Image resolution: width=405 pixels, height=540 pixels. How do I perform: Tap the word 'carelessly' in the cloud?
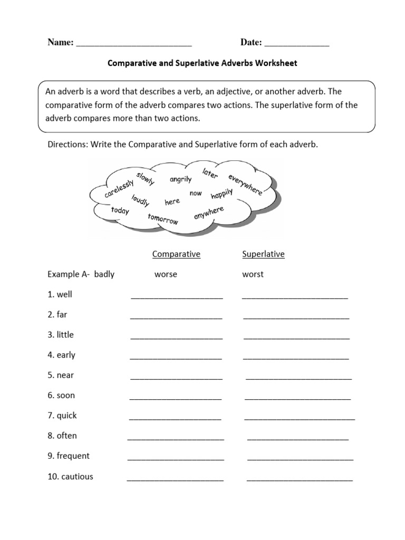coord(120,187)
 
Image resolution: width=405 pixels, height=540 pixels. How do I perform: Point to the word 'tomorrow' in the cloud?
coord(163,219)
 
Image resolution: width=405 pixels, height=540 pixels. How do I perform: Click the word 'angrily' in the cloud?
coord(180,179)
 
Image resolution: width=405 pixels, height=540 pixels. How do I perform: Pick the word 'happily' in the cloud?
coord(222,195)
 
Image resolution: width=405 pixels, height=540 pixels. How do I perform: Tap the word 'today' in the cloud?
coord(120,210)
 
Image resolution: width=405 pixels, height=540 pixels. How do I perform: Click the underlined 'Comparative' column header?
coord(176,254)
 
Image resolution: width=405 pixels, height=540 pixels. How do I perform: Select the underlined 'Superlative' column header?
coord(263,254)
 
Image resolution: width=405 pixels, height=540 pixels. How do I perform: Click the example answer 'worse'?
coord(166,274)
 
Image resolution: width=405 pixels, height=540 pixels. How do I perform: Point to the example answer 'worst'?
coord(253,274)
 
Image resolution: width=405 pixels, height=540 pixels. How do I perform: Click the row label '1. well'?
coord(60,294)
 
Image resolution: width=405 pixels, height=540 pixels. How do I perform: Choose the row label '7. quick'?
coord(62,416)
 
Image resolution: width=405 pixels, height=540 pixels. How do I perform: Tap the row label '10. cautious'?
coord(70,477)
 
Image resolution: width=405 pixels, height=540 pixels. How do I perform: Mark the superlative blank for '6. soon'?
coord(298,398)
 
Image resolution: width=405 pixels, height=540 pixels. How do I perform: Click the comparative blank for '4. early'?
coord(176,358)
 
